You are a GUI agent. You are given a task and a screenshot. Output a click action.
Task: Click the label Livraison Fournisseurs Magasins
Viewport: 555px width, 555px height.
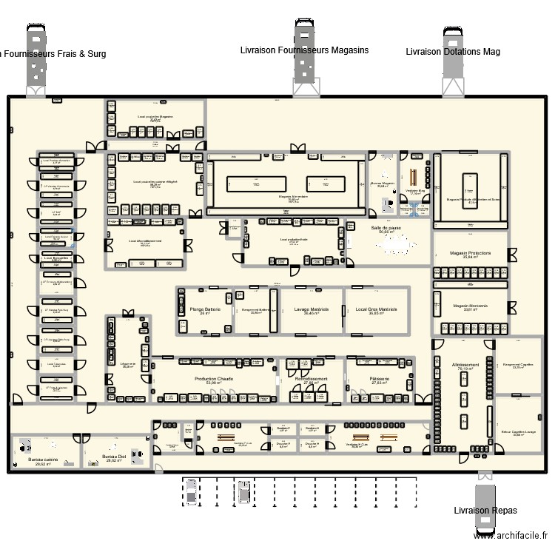[304, 50]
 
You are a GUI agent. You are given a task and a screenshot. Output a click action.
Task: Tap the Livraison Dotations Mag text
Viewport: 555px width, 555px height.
[453, 52]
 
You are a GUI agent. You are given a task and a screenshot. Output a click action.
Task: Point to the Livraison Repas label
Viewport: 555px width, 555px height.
[485, 511]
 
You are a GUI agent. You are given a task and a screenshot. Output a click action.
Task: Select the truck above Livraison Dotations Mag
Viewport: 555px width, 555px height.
[453, 63]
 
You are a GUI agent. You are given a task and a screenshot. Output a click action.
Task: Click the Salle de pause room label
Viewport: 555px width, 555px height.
[386, 228]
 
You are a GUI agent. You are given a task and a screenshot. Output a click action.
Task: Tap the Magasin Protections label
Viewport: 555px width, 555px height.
[471, 254]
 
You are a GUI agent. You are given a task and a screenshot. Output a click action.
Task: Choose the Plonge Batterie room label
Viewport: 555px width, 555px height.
[204, 309]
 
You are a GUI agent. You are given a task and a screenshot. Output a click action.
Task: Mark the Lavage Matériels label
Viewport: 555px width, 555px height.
[312, 309]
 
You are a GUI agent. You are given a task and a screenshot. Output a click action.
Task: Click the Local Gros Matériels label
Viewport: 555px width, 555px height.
[377, 309]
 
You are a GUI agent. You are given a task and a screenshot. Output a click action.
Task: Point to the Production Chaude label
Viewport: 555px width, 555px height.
[215, 379]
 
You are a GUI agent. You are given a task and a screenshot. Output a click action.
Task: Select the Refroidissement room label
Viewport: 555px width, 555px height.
[312, 379]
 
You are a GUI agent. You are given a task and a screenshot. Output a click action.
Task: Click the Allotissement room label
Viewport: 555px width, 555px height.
[465, 365]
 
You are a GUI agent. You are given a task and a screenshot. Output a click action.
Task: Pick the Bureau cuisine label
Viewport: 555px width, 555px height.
[42, 460]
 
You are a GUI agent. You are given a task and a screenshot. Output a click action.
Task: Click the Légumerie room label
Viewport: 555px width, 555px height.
[128, 363]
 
